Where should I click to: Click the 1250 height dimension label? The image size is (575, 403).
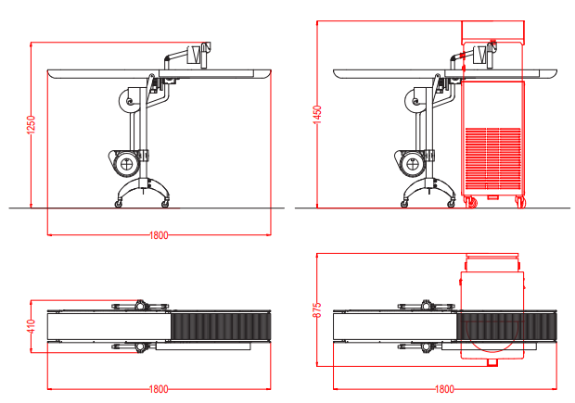pos(32,124)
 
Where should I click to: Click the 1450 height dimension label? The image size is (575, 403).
pos(317,115)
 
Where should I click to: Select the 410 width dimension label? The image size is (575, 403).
pos(32,326)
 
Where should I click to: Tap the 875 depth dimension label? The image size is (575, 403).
pos(317,310)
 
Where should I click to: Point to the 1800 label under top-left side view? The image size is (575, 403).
pos(159,234)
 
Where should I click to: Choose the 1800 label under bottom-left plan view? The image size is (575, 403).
pos(159,389)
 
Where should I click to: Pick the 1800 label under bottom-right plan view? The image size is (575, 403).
pos(444,389)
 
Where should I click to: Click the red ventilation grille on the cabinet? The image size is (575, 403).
pos(493,158)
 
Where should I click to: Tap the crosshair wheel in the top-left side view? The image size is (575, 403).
pos(126,164)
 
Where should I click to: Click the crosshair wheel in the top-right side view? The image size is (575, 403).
pos(412,164)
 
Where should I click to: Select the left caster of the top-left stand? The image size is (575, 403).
pos(119,204)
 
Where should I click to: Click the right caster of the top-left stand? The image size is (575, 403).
pos(165,204)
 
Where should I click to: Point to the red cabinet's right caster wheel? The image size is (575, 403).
pos(520,202)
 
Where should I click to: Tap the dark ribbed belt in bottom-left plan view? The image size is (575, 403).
pos(221,326)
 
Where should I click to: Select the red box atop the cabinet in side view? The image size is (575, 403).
pos(492,30)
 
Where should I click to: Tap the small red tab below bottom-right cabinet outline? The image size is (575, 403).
pos(492,362)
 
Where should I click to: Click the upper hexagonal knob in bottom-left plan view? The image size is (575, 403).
pos(140,305)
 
